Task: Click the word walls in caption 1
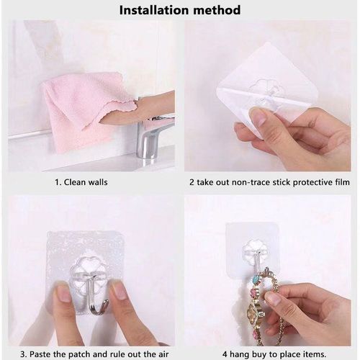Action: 98,182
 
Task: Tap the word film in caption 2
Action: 342,182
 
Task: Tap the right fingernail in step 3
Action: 120,291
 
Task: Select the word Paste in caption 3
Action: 42,354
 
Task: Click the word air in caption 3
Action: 162,354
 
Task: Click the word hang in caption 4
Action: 239,354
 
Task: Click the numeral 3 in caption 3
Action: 23,354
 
